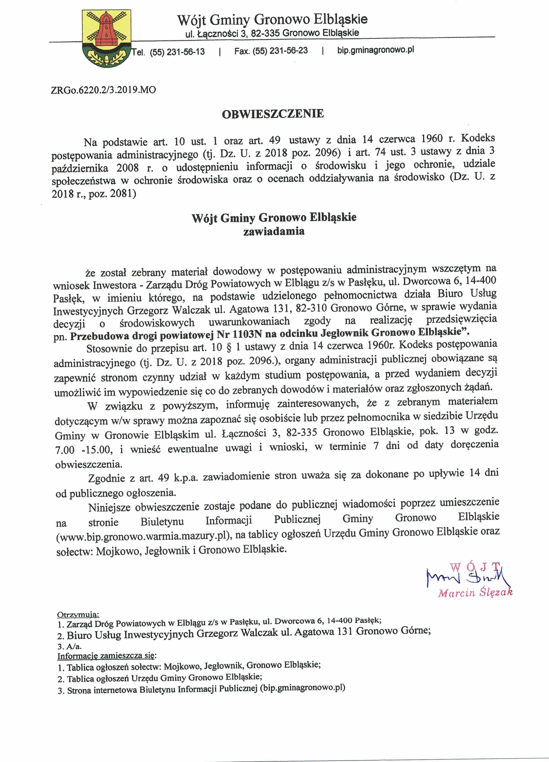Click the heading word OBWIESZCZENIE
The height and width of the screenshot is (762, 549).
click(273, 114)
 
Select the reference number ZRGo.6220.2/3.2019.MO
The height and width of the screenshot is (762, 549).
click(103, 90)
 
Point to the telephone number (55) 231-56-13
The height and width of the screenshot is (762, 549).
click(177, 52)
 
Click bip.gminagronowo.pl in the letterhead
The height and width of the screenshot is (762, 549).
click(375, 50)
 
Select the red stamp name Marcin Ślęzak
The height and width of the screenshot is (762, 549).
click(476, 592)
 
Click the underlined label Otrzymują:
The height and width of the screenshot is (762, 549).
click(78, 615)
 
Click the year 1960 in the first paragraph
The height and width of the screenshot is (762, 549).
click(431, 138)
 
